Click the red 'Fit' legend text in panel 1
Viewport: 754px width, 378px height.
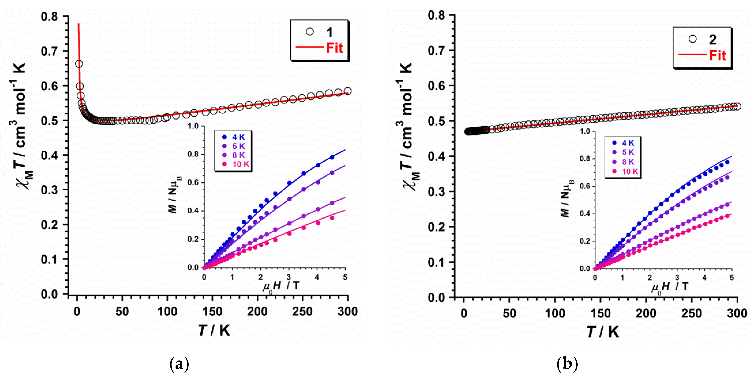(334, 48)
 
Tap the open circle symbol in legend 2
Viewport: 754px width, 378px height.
(692, 39)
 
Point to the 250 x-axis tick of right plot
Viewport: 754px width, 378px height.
(691, 313)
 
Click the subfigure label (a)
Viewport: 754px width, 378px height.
(179, 364)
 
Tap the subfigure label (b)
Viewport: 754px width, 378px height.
(567, 364)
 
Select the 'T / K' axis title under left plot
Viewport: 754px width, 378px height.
(214, 331)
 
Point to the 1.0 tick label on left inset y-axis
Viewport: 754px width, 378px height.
(193, 126)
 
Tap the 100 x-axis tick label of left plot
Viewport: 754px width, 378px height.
(167, 312)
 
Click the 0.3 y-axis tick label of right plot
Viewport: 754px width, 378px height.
(436, 192)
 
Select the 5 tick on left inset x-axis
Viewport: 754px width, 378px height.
(345, 277)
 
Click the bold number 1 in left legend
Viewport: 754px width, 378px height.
(330, 33)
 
